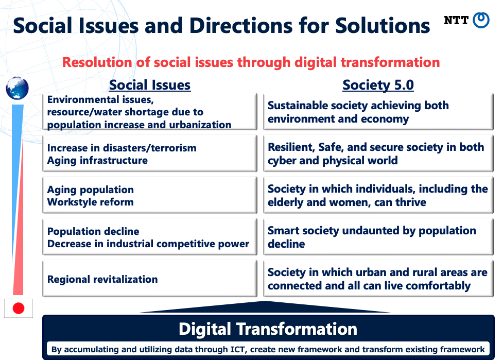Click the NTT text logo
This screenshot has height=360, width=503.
[456, 20]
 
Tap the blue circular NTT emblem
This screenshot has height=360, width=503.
[481, 20]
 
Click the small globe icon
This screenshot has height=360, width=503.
[18, 88]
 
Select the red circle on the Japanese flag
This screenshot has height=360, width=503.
[19, 308]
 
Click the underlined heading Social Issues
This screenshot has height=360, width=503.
[150, 85]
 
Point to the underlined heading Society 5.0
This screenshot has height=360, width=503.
[378, 85]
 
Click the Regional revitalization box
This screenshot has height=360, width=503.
[150, 279]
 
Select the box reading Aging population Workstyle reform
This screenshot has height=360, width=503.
[150, 195]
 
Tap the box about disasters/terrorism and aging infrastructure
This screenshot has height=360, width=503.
[150, 153]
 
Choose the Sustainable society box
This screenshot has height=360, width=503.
[378, 112]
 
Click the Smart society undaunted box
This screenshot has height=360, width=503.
[378, 237]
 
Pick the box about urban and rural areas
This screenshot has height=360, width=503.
[378, 279]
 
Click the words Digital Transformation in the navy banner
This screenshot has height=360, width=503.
[268, 329]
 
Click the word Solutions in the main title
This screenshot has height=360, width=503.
[383, 26]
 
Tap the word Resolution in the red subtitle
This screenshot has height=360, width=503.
[97, 62]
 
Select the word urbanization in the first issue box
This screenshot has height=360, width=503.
[200, 125]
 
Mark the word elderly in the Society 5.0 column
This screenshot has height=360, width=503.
[286, 202]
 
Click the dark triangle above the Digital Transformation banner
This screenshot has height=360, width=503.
[265, 307]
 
